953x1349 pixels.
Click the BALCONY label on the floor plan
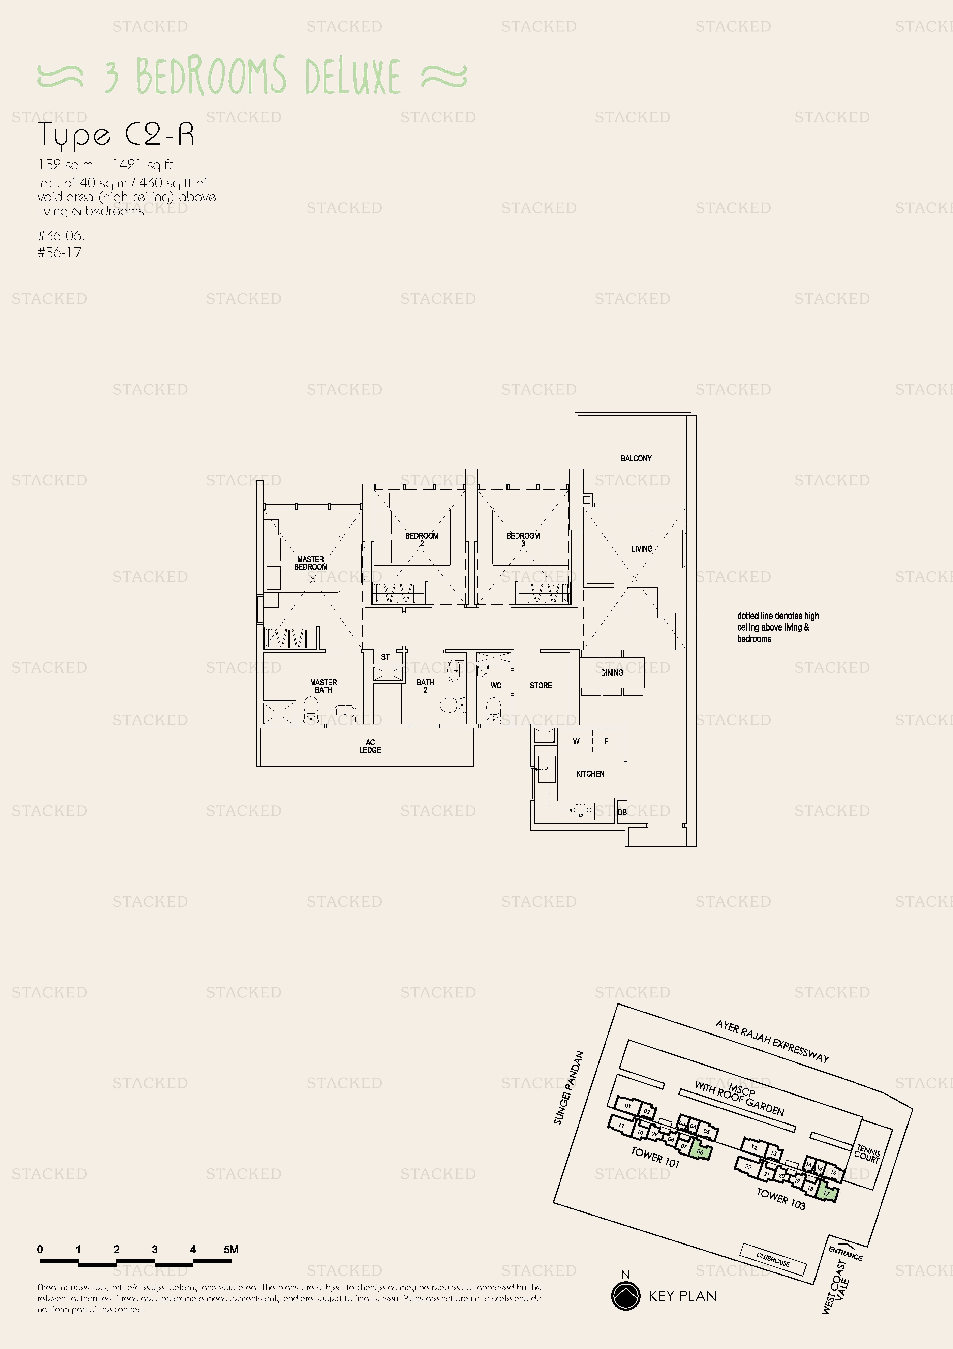[x=636, y=458]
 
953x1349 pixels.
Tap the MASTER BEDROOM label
[x=310, y=563]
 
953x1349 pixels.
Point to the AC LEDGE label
[x=370, y=746]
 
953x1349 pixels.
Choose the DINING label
[x=612, y=673]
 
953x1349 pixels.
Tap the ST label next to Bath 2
[x=385, y=657]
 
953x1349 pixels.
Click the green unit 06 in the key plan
[x=700, y=1151]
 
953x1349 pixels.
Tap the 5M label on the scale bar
[x=231, y=1250]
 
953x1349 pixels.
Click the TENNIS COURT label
[x=867, y=1153]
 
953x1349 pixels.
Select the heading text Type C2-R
[x=116, y=134]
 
